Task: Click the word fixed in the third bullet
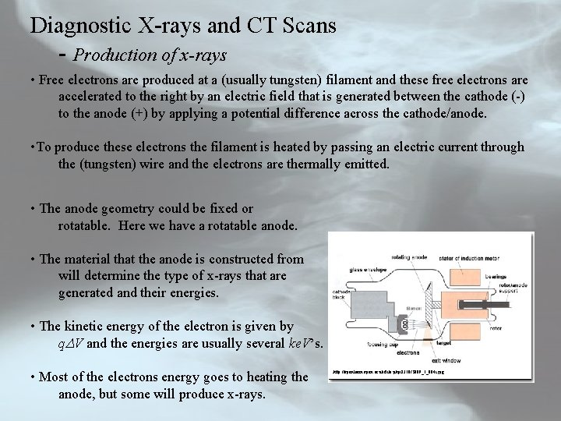coord(219,209)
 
